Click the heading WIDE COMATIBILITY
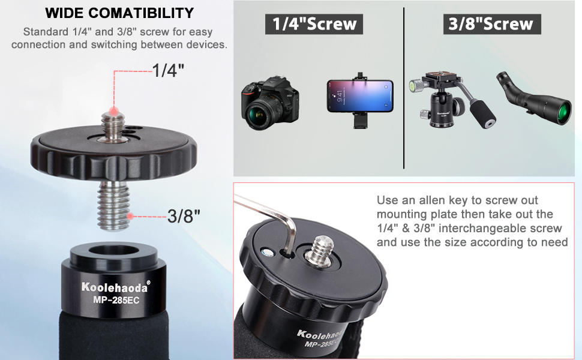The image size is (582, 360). (119, 13)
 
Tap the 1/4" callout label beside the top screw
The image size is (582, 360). (169, 70)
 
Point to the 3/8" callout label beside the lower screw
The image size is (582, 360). (184, 215)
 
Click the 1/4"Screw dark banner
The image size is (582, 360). (314, 23)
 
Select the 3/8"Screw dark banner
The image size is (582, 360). (490, 23)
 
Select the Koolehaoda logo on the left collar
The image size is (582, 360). (115, 286)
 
